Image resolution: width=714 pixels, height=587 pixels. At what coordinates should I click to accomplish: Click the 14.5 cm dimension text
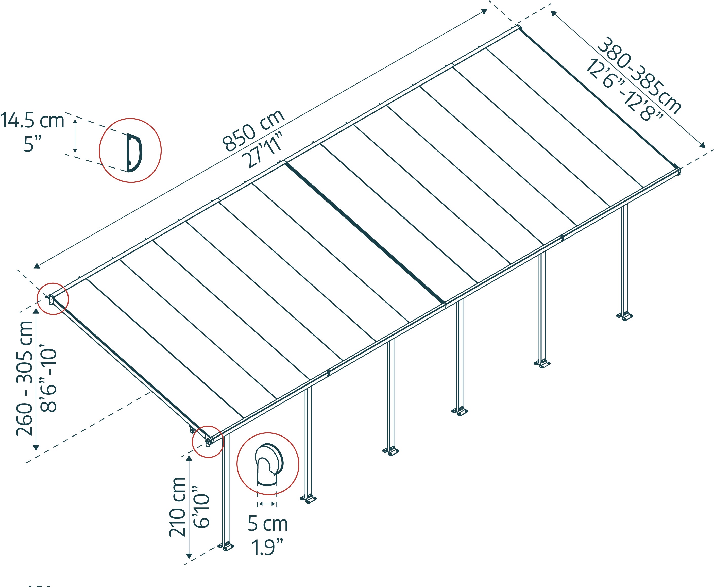(32, 121)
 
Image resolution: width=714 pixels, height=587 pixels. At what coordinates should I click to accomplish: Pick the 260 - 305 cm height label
(25, 378)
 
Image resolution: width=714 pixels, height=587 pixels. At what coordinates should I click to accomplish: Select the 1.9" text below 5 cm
(267, 547)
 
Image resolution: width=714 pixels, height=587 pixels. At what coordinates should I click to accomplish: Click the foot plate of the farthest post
(625, 317)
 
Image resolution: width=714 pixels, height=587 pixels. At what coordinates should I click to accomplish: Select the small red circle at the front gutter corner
(208, 442)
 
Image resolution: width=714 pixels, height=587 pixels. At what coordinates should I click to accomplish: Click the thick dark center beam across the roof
(365, 233)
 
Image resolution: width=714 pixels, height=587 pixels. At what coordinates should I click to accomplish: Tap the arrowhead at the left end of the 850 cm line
(37, 266)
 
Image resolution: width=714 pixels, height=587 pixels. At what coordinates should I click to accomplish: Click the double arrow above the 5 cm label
(267, 504)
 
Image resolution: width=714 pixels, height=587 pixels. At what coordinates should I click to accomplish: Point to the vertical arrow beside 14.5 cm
(75, 135)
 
